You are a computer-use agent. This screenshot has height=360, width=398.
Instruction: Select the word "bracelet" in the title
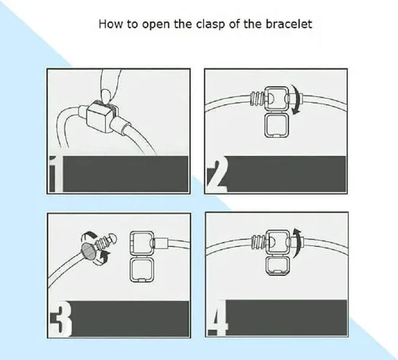click(289, 24)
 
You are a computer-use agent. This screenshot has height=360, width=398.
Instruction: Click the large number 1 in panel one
click(56, 174)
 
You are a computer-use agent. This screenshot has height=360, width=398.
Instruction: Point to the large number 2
click(217, 174)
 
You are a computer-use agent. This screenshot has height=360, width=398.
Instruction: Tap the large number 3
click(61, 319)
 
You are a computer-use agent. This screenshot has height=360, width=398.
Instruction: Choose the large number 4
click(217, 318)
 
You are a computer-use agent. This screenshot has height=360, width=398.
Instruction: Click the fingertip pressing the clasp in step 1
click(107, 96)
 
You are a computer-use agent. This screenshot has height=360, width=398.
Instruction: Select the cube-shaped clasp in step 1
click(102, 117)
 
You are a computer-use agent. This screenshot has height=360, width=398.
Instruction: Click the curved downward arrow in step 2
click(298, 100)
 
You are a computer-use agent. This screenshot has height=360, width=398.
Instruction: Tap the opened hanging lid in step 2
click(276, 125)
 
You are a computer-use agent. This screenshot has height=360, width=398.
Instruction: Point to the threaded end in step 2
click(257, 99)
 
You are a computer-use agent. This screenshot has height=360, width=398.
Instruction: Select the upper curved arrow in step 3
click(89, 235)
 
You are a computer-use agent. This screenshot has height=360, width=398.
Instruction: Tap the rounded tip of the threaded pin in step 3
click(112, 237)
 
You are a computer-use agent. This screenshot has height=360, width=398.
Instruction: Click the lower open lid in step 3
click(142, 270)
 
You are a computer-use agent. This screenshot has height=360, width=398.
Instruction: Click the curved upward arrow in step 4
click(298, 242)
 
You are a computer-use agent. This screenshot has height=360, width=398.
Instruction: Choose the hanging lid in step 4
click(278, 266)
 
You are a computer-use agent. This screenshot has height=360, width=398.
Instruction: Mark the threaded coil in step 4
click(257, 241)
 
